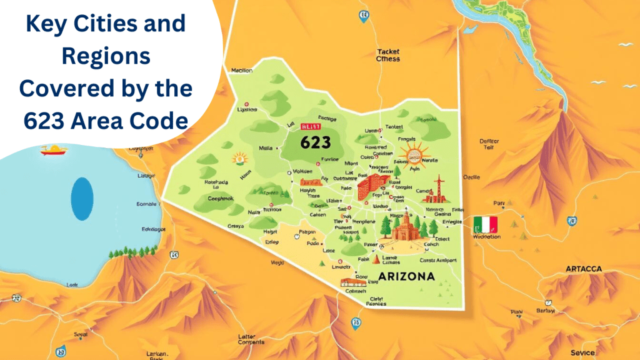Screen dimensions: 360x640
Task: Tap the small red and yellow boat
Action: coord(54,149)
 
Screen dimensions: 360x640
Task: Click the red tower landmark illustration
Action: coord(442,190)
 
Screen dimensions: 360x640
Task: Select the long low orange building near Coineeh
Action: coord(353,282)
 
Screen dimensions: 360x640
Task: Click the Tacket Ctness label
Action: coord(388,56)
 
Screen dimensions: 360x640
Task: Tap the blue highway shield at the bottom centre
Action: coord(356,322)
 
